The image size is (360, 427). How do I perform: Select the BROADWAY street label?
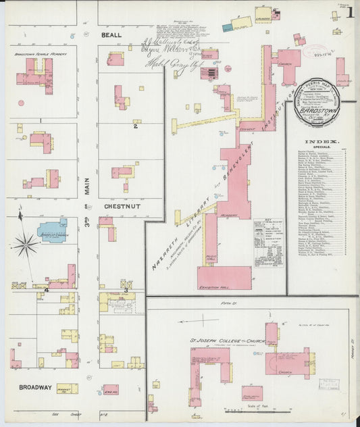click(35, 387)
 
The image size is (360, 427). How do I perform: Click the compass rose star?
click(25, 245)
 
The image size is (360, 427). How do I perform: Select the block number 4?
click(47, 291)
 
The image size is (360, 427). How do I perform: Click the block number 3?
click(126, 291)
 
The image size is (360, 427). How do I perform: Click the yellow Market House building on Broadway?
click(67, 388)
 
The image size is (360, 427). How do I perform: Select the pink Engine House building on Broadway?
click(110, 389)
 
